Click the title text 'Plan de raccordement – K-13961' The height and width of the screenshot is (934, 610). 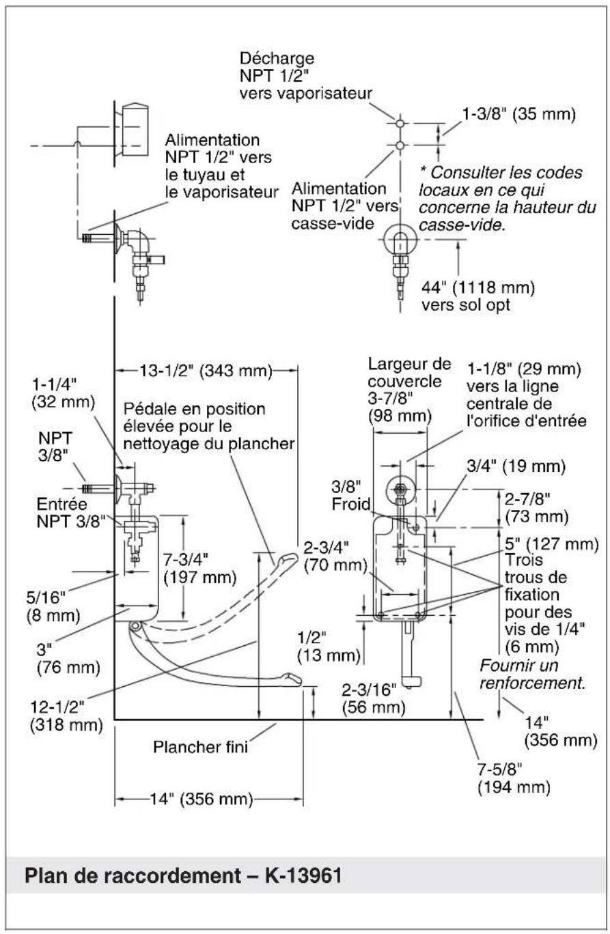tap(183, 875)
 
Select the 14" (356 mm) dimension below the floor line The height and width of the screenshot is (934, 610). tap(202, 799)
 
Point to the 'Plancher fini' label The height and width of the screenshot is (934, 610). tap(201, 747)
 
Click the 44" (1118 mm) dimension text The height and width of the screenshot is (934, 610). tap(478, 287)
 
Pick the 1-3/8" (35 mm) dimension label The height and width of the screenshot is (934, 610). tap(518, 114)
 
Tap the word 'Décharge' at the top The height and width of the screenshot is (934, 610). tap(277, 59)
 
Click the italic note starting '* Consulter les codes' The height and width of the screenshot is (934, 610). tap(508, 199)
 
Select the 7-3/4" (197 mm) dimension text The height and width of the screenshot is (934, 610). tap(200, 568)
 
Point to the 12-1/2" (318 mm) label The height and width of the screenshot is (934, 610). tap(66, 716)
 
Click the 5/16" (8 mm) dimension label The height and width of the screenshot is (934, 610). tap(53, 607)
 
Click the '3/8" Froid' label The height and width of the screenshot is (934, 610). tap(351, 496)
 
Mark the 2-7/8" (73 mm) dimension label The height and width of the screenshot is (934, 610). tap(536, 507)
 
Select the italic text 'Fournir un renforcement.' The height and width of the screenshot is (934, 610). tap(533, 674)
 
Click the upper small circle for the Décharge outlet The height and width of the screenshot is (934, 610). tap(400, 124)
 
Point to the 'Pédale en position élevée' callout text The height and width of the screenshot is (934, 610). tap(209, 426)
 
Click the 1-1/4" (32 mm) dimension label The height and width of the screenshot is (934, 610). tap(64, 393)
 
